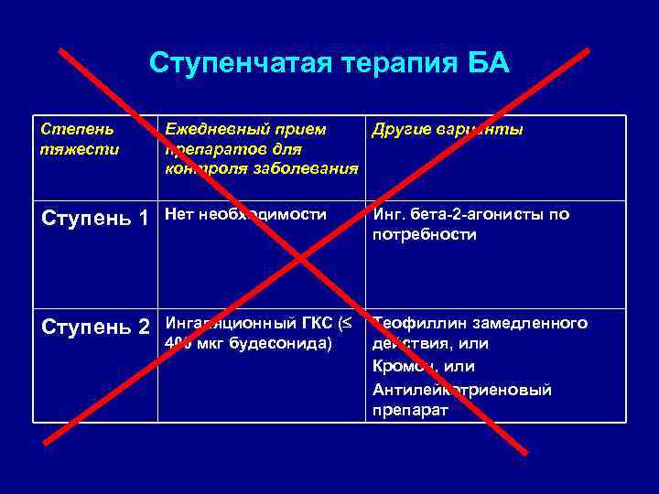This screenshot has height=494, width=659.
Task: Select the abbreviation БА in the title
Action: [x=488, y=64]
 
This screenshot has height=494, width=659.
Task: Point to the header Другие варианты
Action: [x=448, y=130]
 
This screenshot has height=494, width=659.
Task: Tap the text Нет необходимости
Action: [x=245, y=215]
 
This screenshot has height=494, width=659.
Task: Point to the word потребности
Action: [x=425, y=234]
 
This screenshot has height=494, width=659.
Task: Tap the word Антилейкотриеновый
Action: [x=461, y=390]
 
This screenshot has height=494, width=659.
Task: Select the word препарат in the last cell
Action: [x=410, y=411]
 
